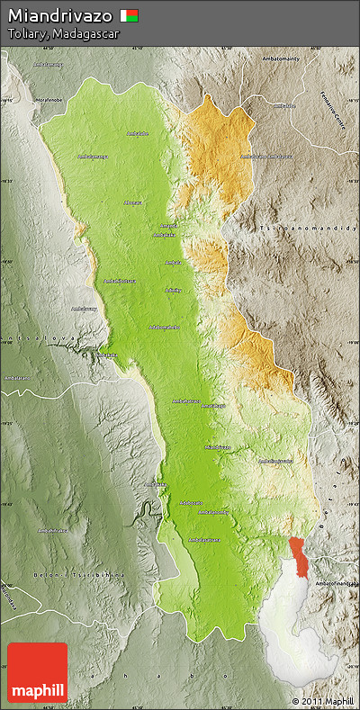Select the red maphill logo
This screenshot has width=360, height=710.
[37, 672]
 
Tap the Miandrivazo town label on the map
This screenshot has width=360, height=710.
[218, 446]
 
